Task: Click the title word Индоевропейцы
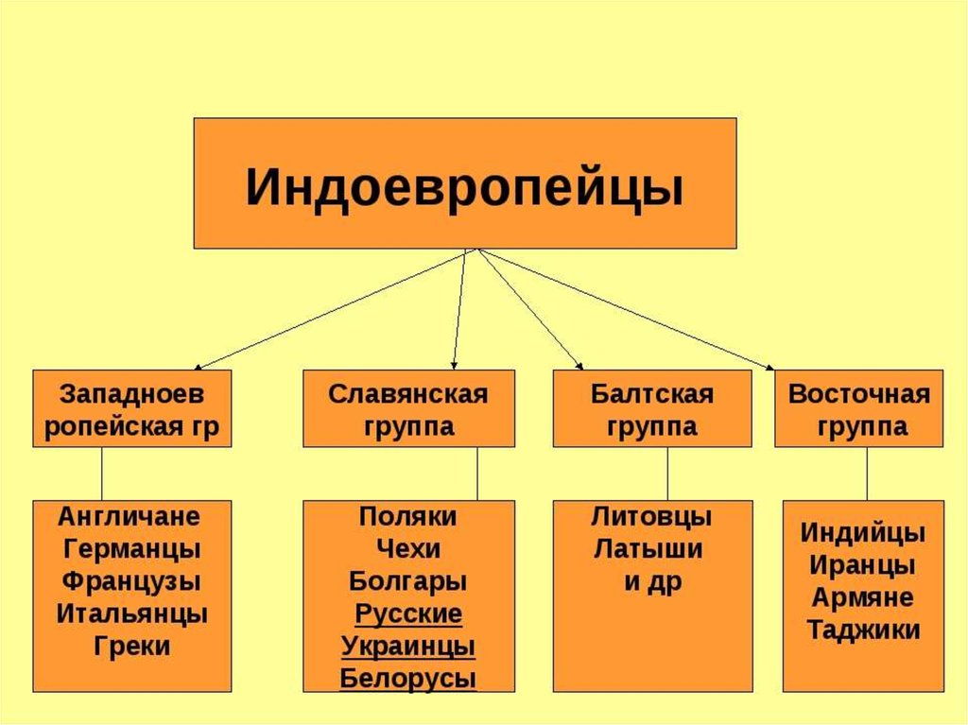[x=465, y=186]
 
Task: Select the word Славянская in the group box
[x=408, y=394]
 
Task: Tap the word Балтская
[x=652, y=394]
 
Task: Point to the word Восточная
[x=858, y=394]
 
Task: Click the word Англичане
[x=129, y=516]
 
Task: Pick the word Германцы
[x=131, y=549]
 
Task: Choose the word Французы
[x=131, y=581]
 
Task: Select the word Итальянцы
[x=131, y=613]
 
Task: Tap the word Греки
[x=132, y=647]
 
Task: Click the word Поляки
[x=408, y=516]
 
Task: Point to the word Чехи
[x=408, y=548]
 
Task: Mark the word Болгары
[x=408, y=581]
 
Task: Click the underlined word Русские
[x=408, y=614]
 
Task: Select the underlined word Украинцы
[x=408, y=647]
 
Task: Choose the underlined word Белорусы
[x=408, y=679]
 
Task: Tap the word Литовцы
[x=651, y=516]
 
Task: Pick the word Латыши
[x=648, y=548]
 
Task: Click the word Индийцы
[x=863, y=533]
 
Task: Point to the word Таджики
[x=863, y=630]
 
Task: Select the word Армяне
[x=862, y=597]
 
